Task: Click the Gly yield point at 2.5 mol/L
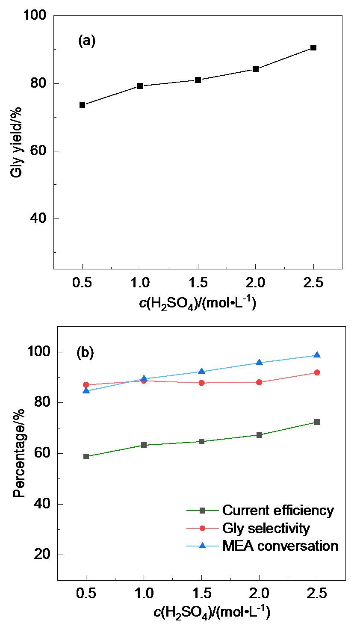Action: (313, 47)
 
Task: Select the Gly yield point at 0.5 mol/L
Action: (83, 105)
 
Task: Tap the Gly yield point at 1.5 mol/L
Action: (198, 80)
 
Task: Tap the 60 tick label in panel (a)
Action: (38, 151)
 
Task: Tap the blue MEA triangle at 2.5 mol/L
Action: (317, 355)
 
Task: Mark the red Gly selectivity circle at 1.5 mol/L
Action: (201, 383)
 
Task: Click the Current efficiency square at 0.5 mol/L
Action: (86, 456)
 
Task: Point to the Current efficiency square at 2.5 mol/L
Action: (317, 422)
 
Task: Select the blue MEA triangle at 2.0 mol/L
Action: (259, 362)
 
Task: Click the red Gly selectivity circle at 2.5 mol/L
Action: (317, 372)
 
